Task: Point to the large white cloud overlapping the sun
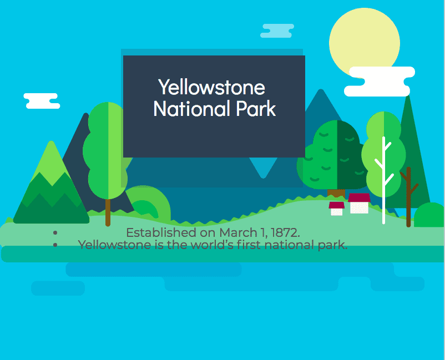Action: click(379, 82)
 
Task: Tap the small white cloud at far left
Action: click(42, 101)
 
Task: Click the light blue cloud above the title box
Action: click(277, 31)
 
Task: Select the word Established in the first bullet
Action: click(161, 232)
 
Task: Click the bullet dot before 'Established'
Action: click(55, 232)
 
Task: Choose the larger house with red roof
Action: click(359, 204)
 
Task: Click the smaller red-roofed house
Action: click(337, 209)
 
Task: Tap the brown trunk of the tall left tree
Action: click(108, 212)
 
